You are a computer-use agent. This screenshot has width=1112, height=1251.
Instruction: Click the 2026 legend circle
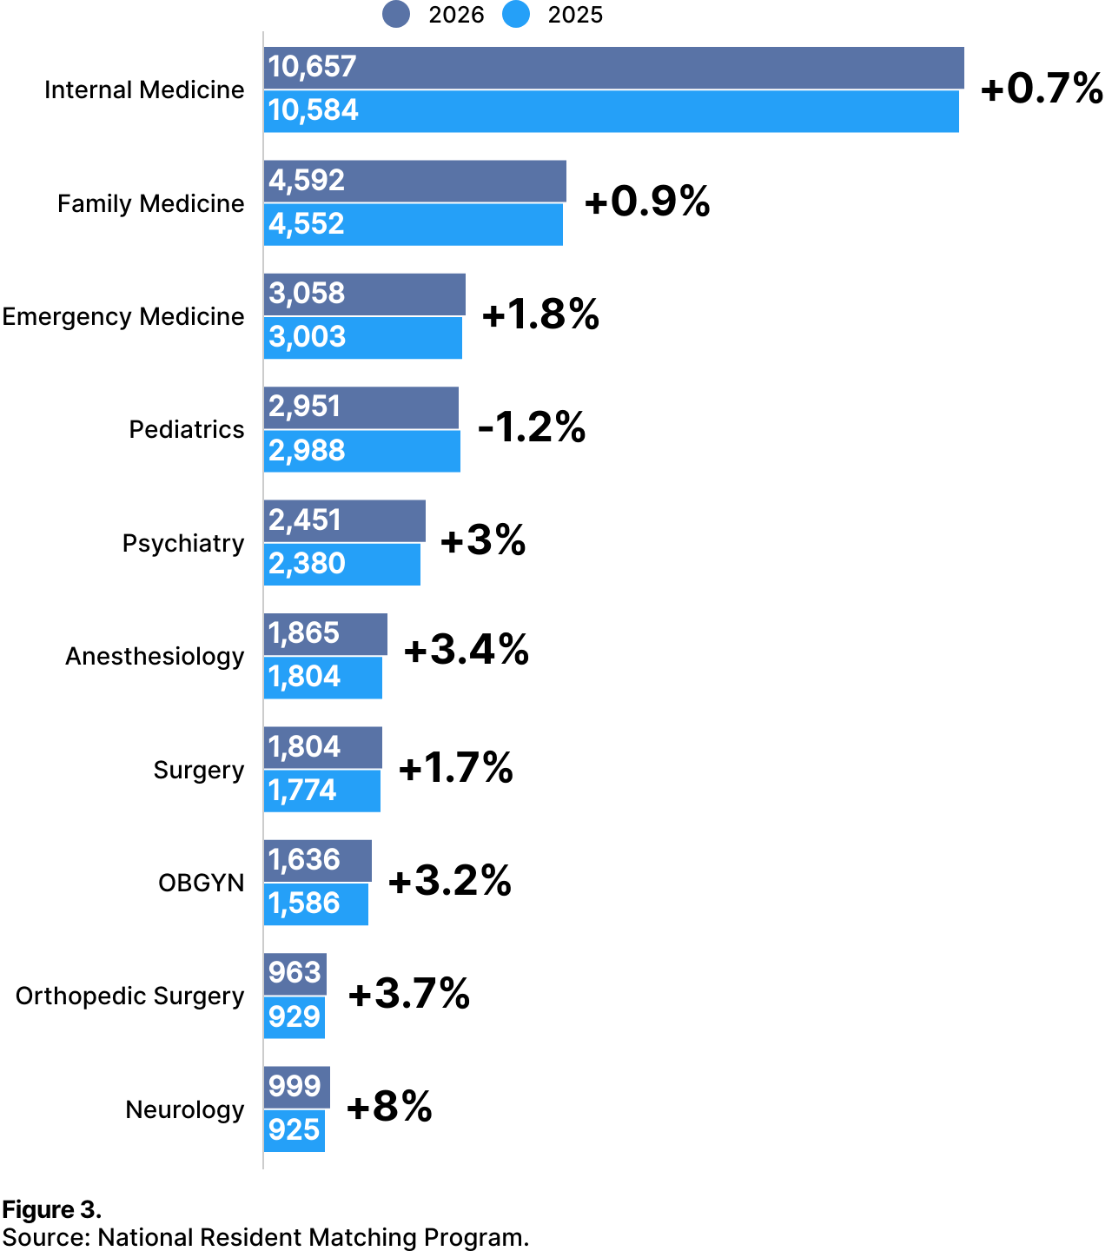[396, 15]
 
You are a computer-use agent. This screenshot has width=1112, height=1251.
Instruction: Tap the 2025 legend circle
[516, 15]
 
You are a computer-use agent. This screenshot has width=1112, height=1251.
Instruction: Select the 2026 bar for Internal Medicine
[613, 68]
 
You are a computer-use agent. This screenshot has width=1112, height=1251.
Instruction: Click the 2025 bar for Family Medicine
[414, 224]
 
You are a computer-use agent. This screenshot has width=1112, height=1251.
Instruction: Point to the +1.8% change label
[540, 314]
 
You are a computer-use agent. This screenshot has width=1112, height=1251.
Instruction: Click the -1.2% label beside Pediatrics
[532, 427]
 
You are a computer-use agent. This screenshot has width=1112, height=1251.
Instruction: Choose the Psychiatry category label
[183, 543]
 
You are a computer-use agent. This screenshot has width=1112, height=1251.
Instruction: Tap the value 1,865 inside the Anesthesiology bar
[303, 633]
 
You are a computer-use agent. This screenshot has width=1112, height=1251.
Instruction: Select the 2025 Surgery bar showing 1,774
[322, 791]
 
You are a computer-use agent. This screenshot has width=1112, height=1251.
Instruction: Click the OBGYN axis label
[202, 883]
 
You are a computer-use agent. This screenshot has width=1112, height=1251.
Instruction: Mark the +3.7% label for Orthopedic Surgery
[408, 994]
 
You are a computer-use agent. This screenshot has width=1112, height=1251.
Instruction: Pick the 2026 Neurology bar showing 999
[296, 1087]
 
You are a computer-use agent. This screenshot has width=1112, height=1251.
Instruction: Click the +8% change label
[389, 1107]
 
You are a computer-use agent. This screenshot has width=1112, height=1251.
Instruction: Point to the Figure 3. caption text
[52, 1209]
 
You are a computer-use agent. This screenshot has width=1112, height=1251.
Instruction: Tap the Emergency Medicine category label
[123, 316]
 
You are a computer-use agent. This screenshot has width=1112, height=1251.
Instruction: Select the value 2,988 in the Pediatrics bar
[307, 451]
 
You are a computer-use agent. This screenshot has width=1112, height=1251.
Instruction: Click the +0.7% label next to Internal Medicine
[1041, 89]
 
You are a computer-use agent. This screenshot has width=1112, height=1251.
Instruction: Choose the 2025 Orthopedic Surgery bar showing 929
[295, 1016]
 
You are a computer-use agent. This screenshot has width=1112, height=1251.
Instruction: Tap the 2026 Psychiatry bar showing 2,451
[345, 520]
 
